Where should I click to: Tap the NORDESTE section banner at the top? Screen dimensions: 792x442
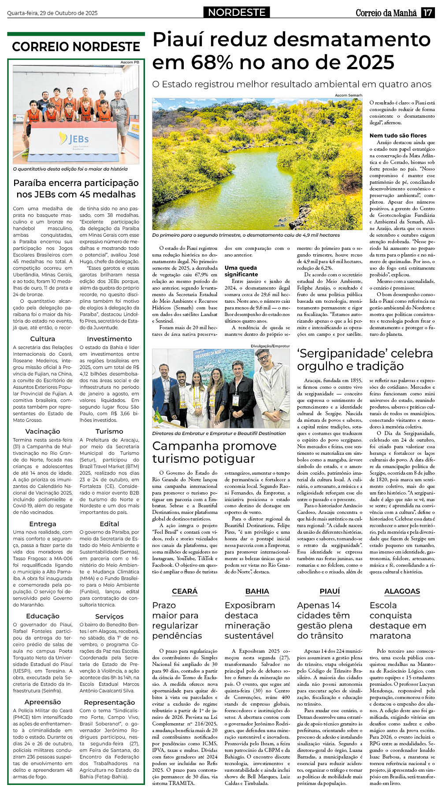click(x=237, y=12)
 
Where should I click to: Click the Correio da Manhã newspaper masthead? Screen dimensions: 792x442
click(x=386, y=13)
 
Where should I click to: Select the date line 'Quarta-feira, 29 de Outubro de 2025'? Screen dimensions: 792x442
click(x=52, y=13)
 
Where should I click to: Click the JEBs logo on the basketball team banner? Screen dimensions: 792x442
click(x=74, y=140)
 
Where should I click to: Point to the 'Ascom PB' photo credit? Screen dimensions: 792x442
click(x=130, y=62)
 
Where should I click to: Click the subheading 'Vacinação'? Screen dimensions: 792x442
click(x=43, y=431)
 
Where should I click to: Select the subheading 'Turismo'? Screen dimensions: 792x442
click(x=109, y=431)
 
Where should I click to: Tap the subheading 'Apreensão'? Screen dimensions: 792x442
click(x=43, y=702)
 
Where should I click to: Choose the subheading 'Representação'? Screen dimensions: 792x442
click(x=109, y=702)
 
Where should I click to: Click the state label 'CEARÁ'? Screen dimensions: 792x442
click(x=185, y=591)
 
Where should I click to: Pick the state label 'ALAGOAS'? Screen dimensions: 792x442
click(x=402, y=591)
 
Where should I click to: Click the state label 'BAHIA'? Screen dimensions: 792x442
click(x=257, y=591)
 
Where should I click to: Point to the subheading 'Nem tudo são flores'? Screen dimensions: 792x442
click(x=398, y=135)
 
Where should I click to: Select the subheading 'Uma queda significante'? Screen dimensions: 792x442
click(x=241, y=271)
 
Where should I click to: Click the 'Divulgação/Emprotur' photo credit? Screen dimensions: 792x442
click(x=270, y=346)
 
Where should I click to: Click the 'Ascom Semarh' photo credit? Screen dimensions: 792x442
click(x=348, y=95)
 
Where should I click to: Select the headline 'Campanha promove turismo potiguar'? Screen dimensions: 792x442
click(x=214, y=452)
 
